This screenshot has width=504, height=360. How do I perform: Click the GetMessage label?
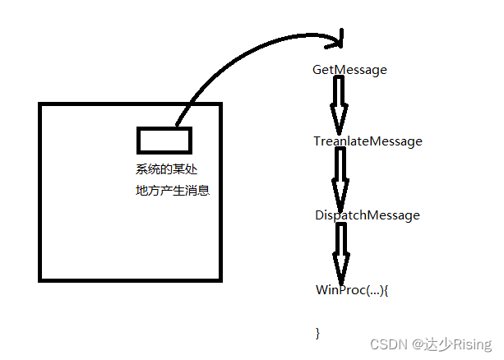click(349, 70)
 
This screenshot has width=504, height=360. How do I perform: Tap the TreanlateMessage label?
click(368, 141)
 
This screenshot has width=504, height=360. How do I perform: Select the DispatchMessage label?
click(367, 215)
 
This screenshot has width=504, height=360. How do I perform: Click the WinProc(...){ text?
click(351, 290)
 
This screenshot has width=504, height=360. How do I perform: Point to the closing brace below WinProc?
click(317, 332)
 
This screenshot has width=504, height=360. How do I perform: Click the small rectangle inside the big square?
click(164, 140)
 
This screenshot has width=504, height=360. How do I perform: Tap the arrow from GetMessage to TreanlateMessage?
click(338, 106)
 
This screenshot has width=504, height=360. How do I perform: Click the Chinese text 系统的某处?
click(167, 170)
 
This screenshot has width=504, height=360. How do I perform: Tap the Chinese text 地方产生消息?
click(173, 191)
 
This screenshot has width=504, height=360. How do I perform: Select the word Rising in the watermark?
click(471, 344)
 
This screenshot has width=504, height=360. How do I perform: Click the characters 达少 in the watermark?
click(438, 344)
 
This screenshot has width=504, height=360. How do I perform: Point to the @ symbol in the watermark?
click(418, 344)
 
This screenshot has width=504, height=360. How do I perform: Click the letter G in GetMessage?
click(317, 70)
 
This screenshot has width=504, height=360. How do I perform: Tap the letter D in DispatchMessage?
click(319, 215)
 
